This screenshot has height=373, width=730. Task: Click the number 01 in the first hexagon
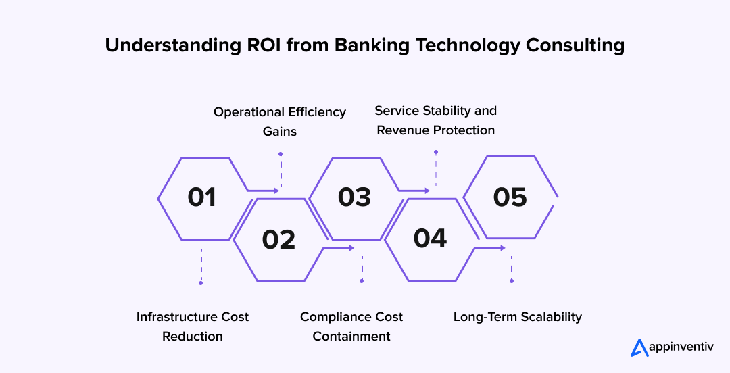[x=201, y=197]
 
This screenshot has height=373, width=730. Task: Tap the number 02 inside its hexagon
[x=278, y=239]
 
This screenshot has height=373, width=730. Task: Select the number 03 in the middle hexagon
[x=354, y=197]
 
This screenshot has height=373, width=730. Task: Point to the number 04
[x=431, y=239]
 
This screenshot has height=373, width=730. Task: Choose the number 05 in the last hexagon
[x=510, y=197]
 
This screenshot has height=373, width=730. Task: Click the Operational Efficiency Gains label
[x=280, y=121]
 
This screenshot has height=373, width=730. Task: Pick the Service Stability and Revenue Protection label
[x=436, y=120]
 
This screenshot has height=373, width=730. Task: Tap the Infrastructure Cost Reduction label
[x=193, y=326]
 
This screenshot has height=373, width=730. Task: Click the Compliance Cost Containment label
[x=351, y=326]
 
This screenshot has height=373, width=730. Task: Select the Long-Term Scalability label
[x=517, y=316]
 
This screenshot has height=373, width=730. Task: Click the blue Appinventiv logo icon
[x=639, y=347]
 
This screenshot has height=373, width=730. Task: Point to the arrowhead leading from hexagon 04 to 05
[x=502, y=248]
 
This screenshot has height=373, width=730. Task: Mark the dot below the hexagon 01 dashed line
[x=201, y=283]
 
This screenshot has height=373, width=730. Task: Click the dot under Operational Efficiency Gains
[x=281, y=154]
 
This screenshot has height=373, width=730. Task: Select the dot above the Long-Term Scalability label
[x=511, y=280]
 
